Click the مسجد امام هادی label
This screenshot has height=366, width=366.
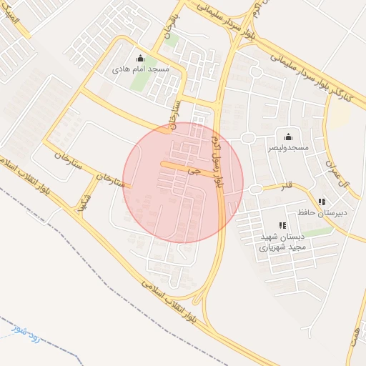pos(140,70)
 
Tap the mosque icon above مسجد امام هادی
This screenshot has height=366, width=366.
pos(140,59)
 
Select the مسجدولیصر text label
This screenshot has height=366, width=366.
pos(288,147)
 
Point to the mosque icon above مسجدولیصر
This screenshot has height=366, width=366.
pos(288,136)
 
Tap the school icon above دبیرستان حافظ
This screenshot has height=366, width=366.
pos(322,201)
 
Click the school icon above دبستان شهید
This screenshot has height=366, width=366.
pos(282,226)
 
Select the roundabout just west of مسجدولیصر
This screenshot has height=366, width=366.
pos(248,138)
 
